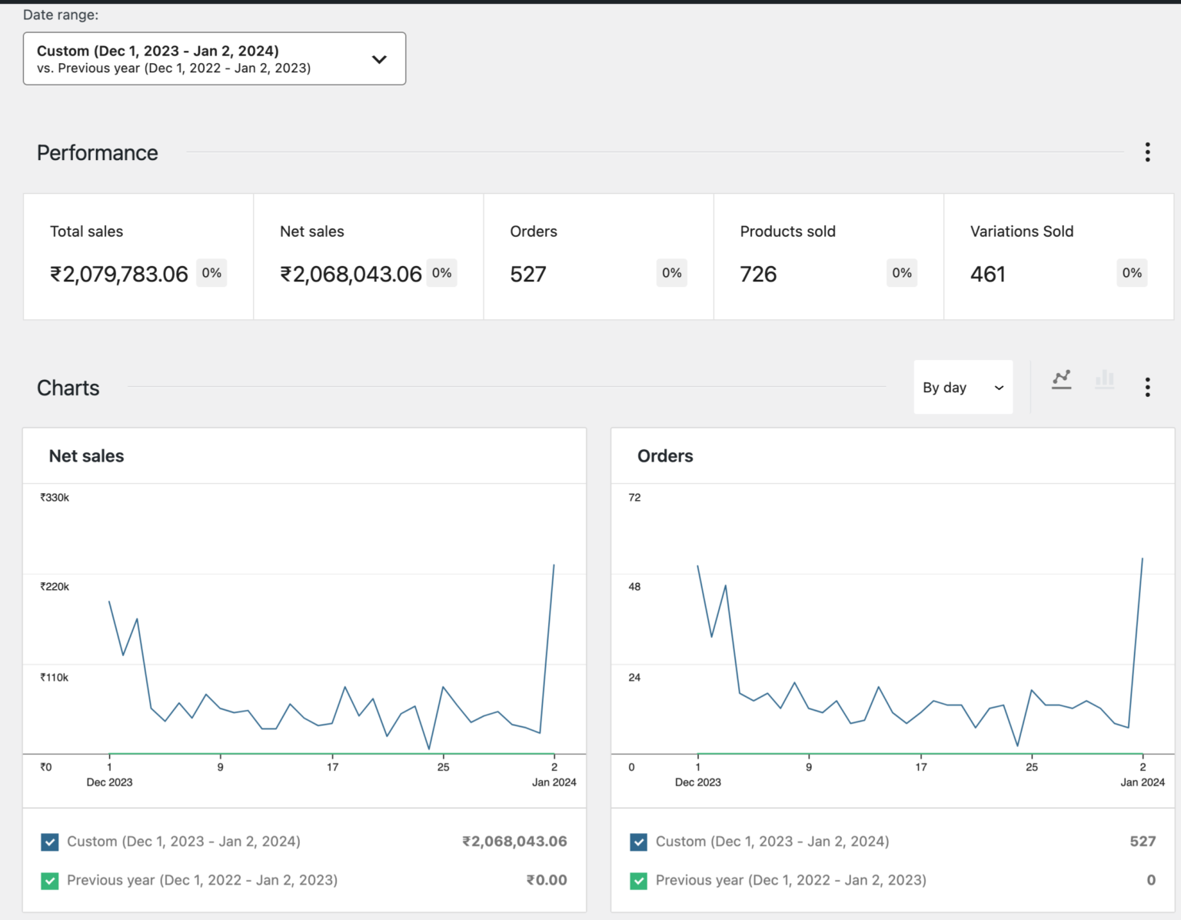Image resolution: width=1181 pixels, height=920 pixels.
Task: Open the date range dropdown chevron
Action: (x=379, y=59)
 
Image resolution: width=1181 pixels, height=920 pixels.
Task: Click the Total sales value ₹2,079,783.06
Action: (x=119, y=274)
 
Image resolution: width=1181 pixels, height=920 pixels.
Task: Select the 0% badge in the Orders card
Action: (x=671, y=273)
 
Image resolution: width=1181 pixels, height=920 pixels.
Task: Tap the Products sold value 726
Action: (x=758, y=274)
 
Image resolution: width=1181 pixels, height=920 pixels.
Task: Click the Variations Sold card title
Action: (x=1021, y=232)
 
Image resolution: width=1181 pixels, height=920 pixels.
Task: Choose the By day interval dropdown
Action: (x=963, y=388)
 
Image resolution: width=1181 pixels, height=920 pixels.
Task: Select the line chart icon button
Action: (x=1062, y=379)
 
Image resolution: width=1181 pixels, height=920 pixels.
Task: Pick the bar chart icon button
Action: (x=1104, y=379)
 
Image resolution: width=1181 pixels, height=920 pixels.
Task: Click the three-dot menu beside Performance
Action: (x=1147, y=152)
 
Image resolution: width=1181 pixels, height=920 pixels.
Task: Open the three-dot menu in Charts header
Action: (x=1147, y=387)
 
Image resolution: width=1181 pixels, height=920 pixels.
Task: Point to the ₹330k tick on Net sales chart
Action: (x=55, y=498)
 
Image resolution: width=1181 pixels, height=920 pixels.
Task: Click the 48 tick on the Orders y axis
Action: (x=634, y=587)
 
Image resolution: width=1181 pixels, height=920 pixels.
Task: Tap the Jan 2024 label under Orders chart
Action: (x=1142, y=782)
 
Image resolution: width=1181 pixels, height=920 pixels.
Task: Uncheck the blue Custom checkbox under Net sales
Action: (x=50, y=842)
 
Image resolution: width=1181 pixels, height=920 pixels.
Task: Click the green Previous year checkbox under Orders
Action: (x=638, y=881)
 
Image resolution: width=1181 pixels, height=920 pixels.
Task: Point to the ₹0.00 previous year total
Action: (x=547, y=880)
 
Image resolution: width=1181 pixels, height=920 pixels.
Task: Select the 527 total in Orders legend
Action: (x=1143, y=842)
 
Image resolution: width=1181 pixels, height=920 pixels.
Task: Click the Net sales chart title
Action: (x=87, y=456)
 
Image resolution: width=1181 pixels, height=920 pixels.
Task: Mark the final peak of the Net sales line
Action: (x=554, y=565)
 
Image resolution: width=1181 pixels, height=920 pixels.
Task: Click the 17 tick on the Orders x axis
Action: (x=921, y=767)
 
